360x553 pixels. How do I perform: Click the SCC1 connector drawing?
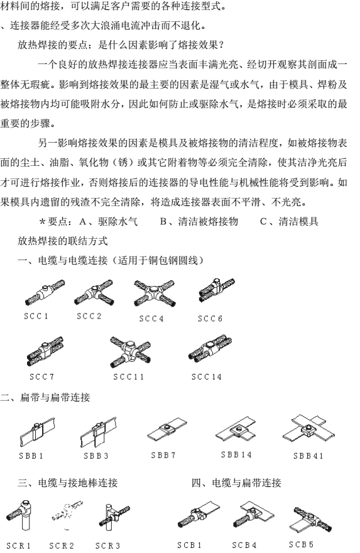tap(45, 292)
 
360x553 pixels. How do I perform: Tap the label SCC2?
tap(89, 316)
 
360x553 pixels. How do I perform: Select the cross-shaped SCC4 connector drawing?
tap(155, 292)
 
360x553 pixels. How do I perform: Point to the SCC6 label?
tap(210, 319)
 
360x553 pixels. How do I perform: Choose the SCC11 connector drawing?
tap(130, 352)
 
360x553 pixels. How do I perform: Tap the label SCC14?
tap(207, 376)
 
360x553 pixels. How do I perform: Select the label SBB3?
tap(96, 456)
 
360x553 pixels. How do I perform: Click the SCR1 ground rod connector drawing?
tap(19, 515)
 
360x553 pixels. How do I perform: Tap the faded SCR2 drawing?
tap(67, 514)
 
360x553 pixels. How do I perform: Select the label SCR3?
tap(108, 545)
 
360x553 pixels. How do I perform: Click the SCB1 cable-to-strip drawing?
tap(199, 514)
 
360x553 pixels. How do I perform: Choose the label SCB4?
tap(244, 545)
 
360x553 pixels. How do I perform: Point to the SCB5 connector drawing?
tap(312, 519)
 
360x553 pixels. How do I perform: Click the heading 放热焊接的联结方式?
tap(63, 241)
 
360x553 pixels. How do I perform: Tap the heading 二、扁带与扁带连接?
tap(45, 397)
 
